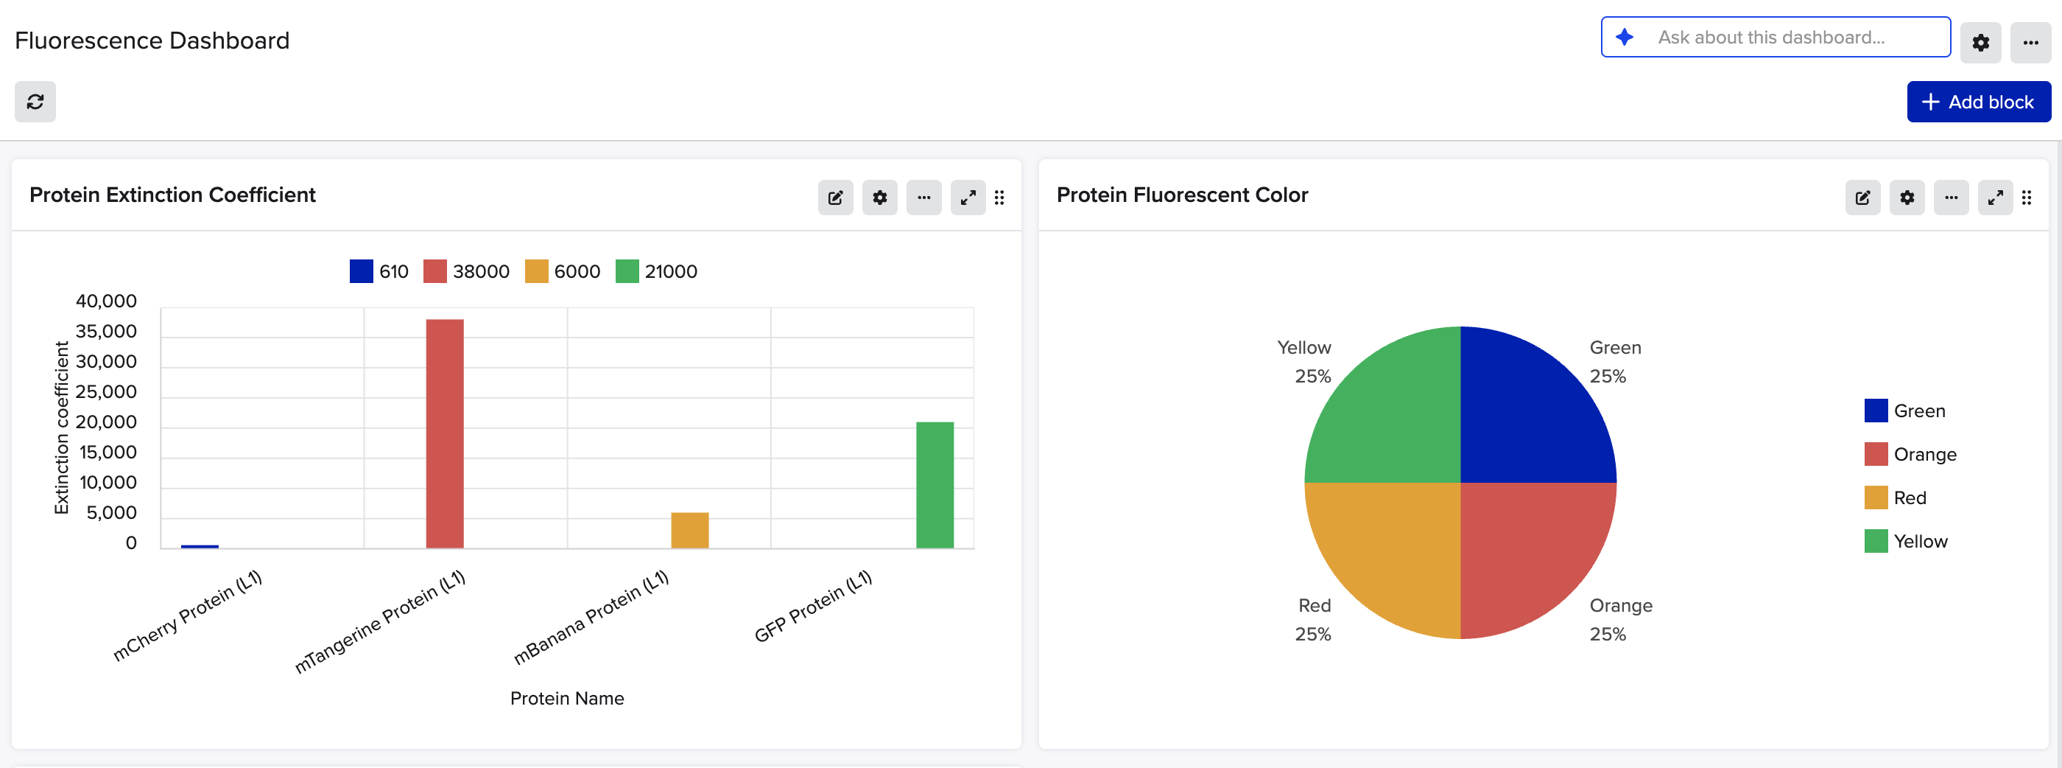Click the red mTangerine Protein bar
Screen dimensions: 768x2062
coord(444,433)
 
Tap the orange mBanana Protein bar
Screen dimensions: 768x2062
coord(689,530)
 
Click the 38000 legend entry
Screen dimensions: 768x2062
coord(467,271)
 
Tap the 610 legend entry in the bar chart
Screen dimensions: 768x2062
coord(379,271)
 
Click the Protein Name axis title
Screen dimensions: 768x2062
coord(567,698)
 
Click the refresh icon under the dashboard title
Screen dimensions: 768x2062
coord(35,102)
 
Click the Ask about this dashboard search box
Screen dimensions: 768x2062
coord(1776,37)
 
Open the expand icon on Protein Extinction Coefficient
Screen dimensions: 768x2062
coord(968,198)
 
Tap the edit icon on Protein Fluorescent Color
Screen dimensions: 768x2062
coord(1862,198)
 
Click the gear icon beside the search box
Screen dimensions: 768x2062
coord(1980,43)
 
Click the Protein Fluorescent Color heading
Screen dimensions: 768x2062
coord(1181,195)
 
